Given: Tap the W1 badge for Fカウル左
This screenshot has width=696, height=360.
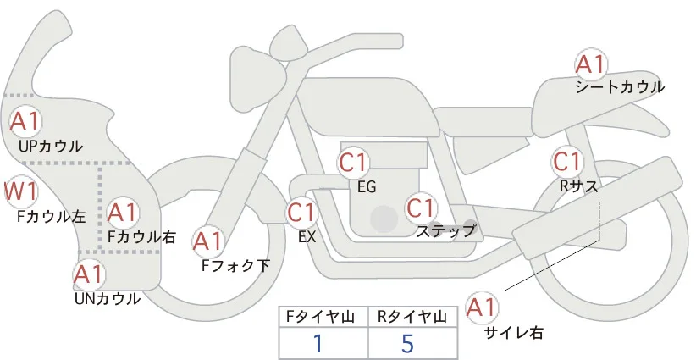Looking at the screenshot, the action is click(x=20, y=191).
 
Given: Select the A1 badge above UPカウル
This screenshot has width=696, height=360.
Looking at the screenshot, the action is click(x=25, y=121).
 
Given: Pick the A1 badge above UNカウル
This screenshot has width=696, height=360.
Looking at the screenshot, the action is click(x=89, y=274).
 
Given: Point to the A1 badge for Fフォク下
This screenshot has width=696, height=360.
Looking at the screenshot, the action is click(x=207, y=242).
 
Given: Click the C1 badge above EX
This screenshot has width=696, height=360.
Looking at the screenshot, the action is click(x=301, y=213).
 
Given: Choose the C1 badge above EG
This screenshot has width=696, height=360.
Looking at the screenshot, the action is click(x=353, y=163).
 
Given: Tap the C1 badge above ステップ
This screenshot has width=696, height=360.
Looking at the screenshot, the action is click(x=421, y=208).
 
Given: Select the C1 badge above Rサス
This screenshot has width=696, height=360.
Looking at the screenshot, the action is click(x=566, y=162).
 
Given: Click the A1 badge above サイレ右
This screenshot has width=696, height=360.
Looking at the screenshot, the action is click(x=482, y=307).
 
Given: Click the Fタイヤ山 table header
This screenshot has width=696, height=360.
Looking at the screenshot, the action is click(x=323, y=317).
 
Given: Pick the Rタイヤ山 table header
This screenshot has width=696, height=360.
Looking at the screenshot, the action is click(x=413, y=317).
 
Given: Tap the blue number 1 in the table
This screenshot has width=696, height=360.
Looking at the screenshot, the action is click(x=318, y=343).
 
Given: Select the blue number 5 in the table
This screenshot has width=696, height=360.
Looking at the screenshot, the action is click(x=407, y=344).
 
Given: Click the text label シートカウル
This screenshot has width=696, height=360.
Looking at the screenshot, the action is click(x=620, y=87).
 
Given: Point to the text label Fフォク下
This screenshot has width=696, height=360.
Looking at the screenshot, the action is click(x=235, y=266).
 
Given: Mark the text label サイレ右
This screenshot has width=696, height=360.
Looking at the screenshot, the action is click(x=514, y=333).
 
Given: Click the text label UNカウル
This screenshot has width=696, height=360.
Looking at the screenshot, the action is click(x=108, y=299).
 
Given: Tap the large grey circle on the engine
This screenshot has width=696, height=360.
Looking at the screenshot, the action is click(x=384, y=219).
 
